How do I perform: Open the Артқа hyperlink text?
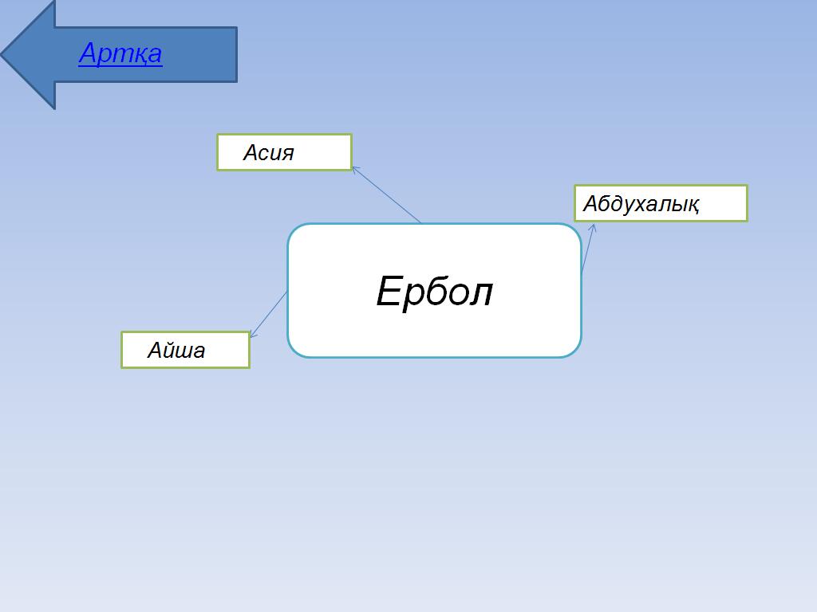(x=120, y=53)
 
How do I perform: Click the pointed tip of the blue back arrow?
(x=2, y=53)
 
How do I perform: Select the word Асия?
(x=268, y=152)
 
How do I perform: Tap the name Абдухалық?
(x=641, y=203)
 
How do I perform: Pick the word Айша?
(x=176, y=350)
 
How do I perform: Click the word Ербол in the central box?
(x=434, y=292)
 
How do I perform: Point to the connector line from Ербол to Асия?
(x=386, y=194)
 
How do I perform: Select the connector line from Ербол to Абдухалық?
(x=588, y=249)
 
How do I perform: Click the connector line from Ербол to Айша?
(x=268, y=314)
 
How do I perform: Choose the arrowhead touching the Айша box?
(x=253, y=334)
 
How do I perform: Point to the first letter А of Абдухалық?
(x=590, y=203)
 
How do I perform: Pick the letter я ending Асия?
(x=287, y=154)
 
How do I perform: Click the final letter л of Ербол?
(x=481, y=295)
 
